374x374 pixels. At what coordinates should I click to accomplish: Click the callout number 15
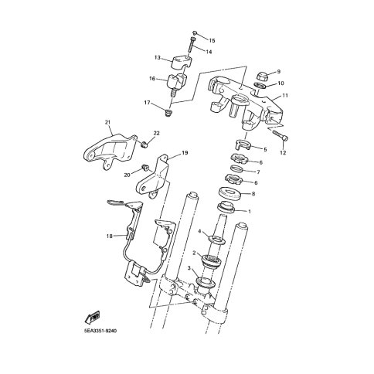coord(212,40)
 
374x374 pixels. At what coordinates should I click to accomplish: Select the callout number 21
coord(107,122)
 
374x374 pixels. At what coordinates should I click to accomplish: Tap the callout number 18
coord(110,236)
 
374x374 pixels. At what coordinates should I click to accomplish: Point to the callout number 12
coord(283,153)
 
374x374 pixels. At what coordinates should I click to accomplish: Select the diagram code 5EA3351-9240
coord(100,331)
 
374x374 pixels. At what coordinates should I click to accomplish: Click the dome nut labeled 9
coord(263,76)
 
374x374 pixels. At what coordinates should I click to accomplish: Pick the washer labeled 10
coord(260,85)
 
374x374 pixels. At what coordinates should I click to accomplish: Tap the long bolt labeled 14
coord(192,45)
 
